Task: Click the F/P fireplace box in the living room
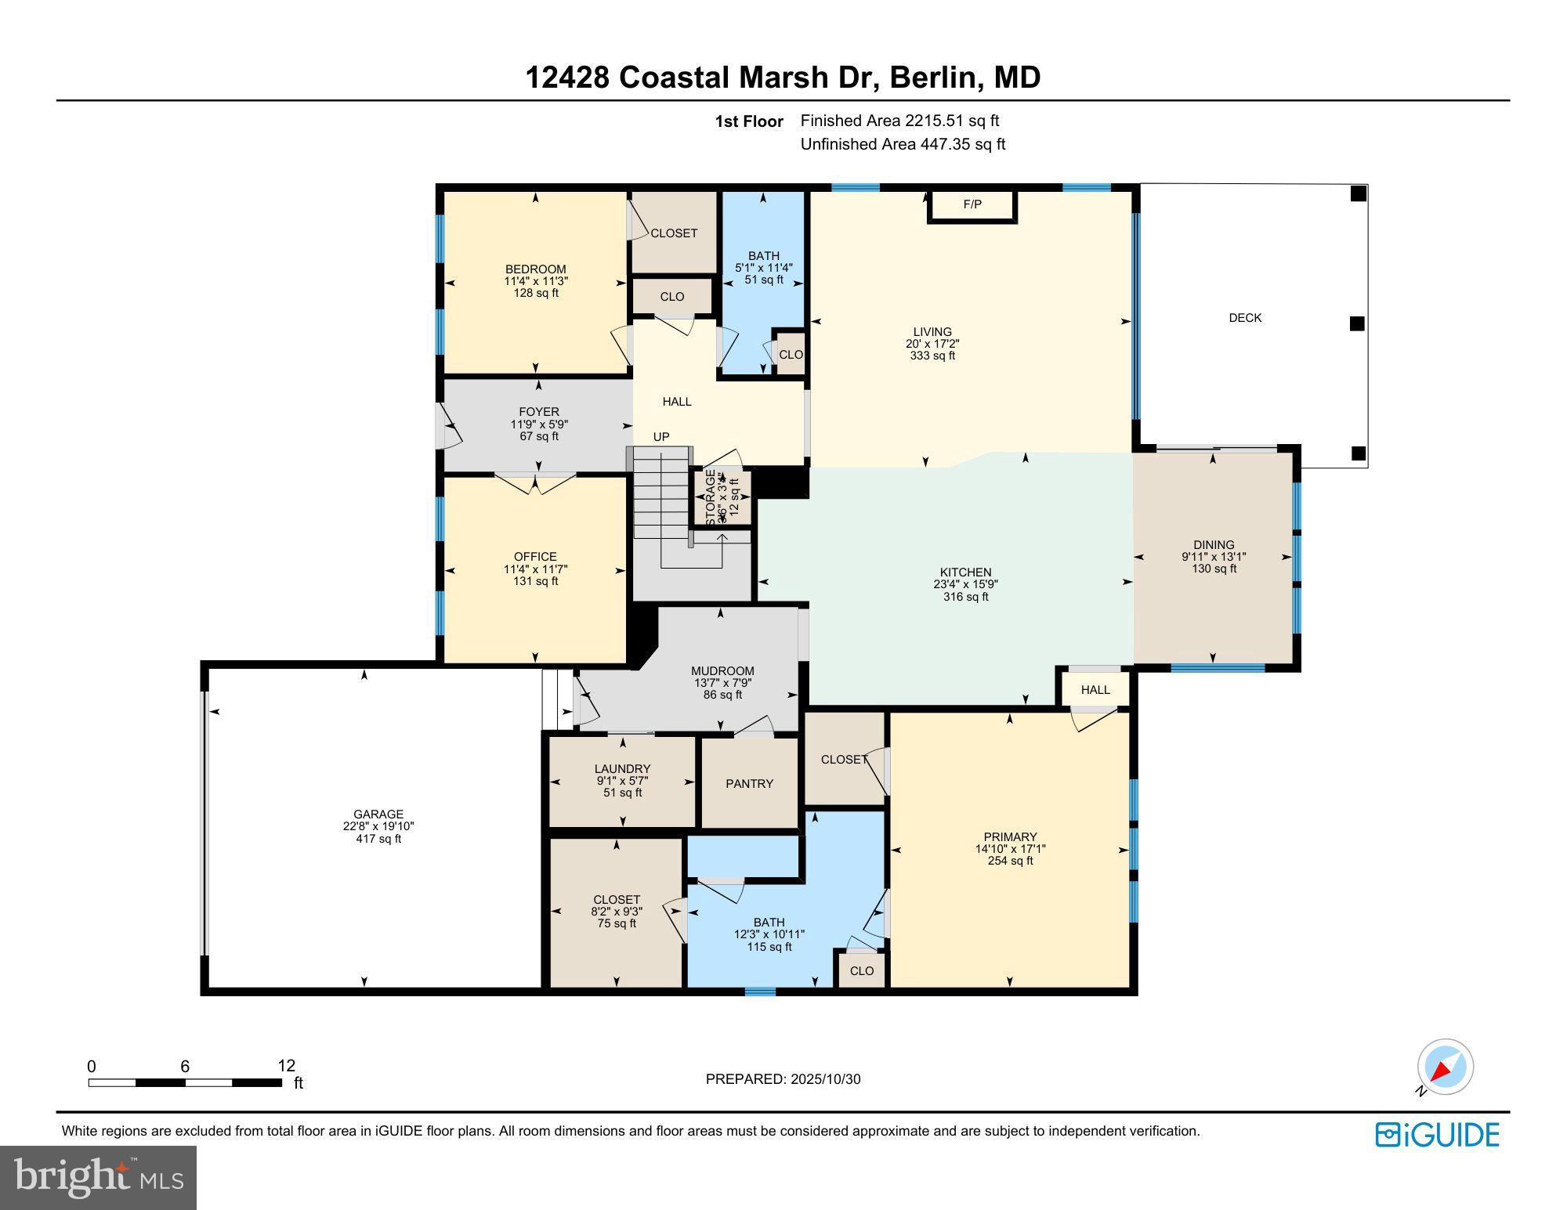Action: pos(972,205)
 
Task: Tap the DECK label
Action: pos(1245,318)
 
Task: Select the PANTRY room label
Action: pos(749,783)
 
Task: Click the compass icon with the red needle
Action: pos(1445,1067)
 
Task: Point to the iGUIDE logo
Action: pos(1438,1135)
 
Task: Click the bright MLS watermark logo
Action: pos(98,1177)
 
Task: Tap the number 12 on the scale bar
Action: pos(286,1066)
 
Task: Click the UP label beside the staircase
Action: pos(661,437)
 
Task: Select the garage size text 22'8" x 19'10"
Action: pos(378,826)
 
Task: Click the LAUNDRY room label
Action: pos(622,769)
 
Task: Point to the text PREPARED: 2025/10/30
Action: pos(783,1079)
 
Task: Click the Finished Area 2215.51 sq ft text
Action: pos(899,121)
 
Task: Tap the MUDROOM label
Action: pos(722,671)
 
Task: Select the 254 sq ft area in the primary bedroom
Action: pos(1010,861)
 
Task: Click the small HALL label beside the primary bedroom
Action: pos(1095,690)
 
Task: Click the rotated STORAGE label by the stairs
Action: pos(711,498)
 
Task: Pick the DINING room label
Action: pos(1214,545)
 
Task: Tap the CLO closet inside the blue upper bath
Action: pos(791,355)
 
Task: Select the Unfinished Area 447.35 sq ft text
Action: pos(903,144)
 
